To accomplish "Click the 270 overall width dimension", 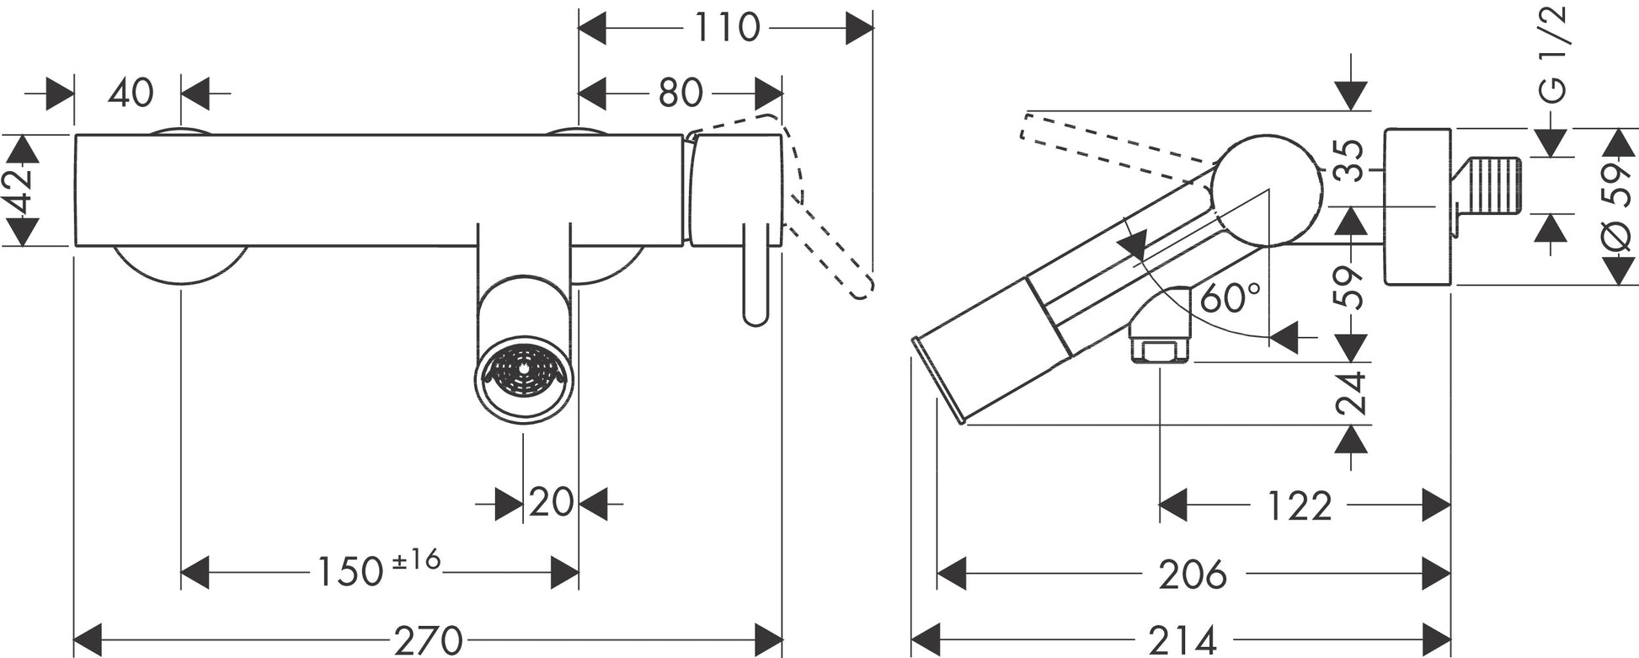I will tap(429, 639).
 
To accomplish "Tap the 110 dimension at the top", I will tap(726, 28).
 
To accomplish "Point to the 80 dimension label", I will tap(680, 93).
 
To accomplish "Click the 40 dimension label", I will tap(131, 93).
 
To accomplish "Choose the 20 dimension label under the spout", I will tap(551, 503).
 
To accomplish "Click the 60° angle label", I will tap(1230, 297).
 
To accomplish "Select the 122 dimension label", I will tap(1300, 506).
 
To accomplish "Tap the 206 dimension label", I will tap(1192, 575).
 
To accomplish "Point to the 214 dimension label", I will tap(1182, 639).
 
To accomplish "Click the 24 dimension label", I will tap(1351, 393).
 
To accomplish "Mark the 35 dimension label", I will tap(1350, 160).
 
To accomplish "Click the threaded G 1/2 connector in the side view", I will tap(1492, 185).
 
